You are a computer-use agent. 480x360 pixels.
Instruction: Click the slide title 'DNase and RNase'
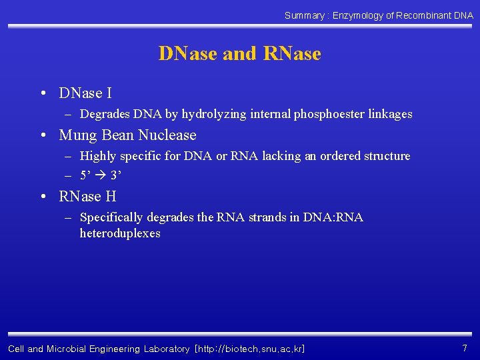tap(239, 53)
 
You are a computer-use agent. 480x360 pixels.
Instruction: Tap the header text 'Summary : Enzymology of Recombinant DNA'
tap(379, 15)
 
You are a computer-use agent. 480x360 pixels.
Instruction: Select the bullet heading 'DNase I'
tap(85, 93)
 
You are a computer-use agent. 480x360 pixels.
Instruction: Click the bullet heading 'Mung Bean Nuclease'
tap(127, 135)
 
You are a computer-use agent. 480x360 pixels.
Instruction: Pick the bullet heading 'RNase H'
tap(87, 197)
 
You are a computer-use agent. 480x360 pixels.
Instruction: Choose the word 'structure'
tap(387, 156)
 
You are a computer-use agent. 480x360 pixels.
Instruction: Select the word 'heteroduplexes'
tap(120, 233)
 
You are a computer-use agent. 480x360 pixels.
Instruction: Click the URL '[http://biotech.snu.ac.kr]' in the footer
tap(249, 349)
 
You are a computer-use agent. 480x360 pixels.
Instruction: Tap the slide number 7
tap(464, 348)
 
